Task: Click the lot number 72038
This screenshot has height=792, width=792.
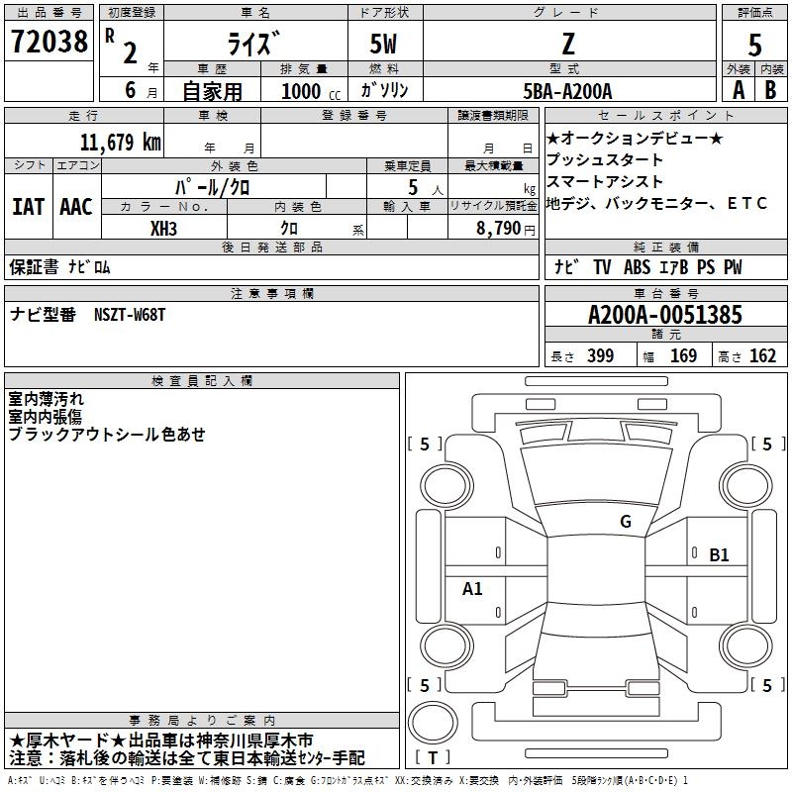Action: click(49, 42)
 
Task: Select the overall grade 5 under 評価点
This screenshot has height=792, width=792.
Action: click(754, 45)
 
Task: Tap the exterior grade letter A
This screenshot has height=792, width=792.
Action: click(739, 90)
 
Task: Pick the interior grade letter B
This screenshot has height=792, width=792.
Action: click(770, 90)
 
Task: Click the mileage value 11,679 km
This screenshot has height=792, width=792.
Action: click(120, 142)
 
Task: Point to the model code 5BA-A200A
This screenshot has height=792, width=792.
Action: click(567, 91)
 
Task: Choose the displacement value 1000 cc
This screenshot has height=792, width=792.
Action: click(311, 91)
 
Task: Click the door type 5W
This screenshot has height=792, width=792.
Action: click(383, 44)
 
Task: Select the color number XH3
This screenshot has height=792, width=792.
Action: click(163, 229)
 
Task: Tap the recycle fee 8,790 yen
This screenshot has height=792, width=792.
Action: click(506, 229)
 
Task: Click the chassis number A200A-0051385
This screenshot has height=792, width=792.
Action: click(665, 315)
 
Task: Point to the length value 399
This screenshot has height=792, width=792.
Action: click(600, 355)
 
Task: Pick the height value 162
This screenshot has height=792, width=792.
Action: click(762, 355)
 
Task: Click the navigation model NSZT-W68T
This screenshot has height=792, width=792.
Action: click(130, 315)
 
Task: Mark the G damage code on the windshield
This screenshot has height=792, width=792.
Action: click(626, 522)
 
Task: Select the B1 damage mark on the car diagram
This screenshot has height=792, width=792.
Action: click(719, 555)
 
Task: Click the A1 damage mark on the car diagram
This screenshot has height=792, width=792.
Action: click(472, 588)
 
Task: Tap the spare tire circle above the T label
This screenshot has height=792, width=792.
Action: click(433, 723)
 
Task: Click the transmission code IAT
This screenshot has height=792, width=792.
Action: click(28, 207)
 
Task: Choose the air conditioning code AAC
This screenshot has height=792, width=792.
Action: click(76, 207)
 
